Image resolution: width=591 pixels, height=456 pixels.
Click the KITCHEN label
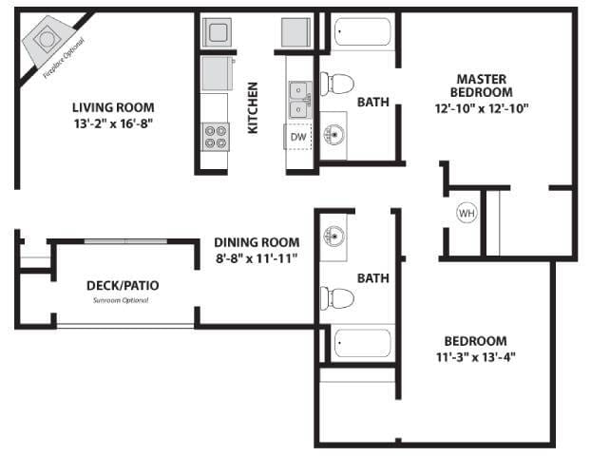(254, 107)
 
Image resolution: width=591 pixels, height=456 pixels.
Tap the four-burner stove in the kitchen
(215, 137)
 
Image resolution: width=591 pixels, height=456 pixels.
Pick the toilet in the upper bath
(335, 84)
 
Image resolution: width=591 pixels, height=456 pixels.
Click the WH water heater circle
(466, 213)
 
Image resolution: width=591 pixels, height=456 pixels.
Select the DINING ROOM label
(257, 242)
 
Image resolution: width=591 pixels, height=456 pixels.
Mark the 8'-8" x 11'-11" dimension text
(257, 258)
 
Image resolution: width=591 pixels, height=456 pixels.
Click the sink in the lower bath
(334, 237)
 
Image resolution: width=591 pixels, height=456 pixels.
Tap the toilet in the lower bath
(336, 298)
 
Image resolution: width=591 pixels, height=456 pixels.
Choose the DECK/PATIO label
(123, 285)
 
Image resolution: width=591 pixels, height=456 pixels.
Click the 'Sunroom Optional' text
(121, 300)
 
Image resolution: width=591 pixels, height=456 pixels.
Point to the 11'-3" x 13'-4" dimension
(474, 357)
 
